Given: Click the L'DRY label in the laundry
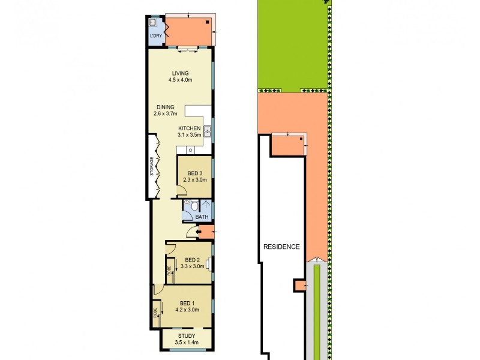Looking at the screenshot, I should (155, 37).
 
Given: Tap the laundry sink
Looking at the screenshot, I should (153, 23).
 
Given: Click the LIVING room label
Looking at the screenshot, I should (180, 73).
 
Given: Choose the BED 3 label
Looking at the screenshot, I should (194, 173).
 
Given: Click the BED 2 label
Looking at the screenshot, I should (192, 260).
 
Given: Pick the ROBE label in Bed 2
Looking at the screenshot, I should (169, 271).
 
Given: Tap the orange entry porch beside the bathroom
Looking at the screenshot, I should (205, 232).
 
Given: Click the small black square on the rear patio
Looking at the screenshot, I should (208, 23).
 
